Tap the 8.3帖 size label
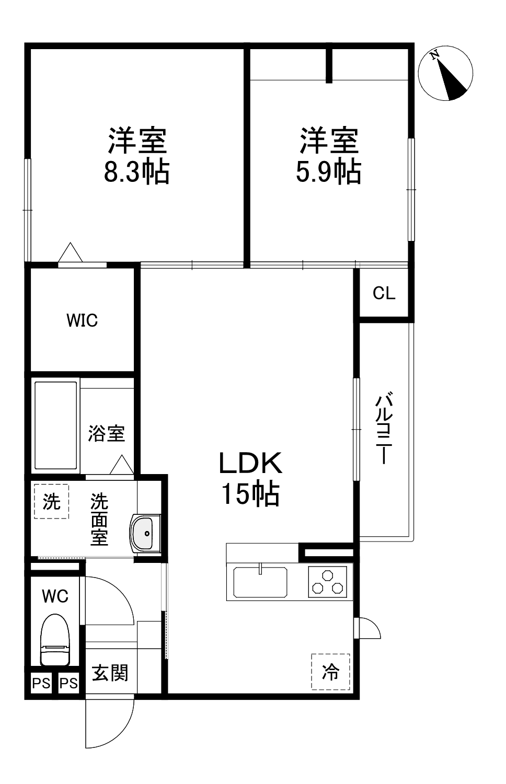click(x=137, y=171)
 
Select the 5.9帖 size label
click(x=328, y=171)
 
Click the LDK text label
click(x=250, y=463)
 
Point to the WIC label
click(x=82, y=320)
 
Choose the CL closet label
click(x=384, y=293)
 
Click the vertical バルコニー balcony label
click(x=384, y=428)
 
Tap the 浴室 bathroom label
click(x=107, y=433)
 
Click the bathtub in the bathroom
click(x=56, y=426)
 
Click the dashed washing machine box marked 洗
click(x=51, y=502)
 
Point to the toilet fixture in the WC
click(x=55, y=639)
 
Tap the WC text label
click(x=55, y=596)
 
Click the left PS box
click(x=41, y=683)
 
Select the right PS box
click(x=68, y=683)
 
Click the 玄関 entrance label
click(x=110, y=673)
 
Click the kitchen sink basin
click(x=260, y=582)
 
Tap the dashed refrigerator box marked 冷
click(x=330, y=672)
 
